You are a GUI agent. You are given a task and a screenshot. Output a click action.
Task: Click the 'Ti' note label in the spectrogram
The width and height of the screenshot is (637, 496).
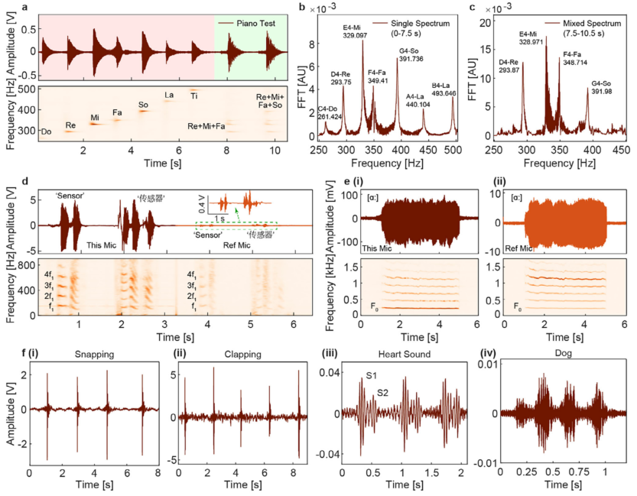[194, 96]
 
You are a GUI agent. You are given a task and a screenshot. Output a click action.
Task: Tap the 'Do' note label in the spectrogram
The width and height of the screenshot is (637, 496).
[47, 131]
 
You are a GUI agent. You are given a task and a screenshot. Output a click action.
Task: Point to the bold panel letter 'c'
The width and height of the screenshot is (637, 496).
[473, 8]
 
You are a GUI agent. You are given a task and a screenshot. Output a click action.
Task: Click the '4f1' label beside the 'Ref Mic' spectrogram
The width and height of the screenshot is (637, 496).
[194, 273]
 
